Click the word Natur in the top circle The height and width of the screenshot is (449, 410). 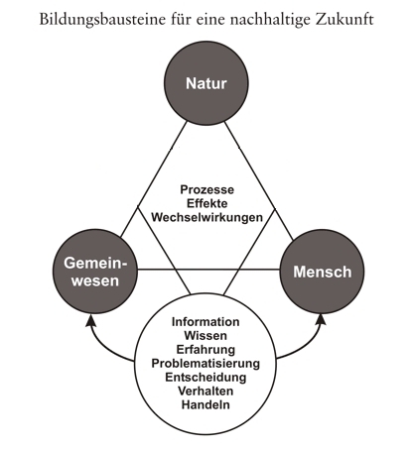click(206, 83)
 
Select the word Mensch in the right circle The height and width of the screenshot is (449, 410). click(323, 272)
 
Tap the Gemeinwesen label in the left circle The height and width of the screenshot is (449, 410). click(95, 272)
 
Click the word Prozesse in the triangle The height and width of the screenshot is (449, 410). click(206, 189)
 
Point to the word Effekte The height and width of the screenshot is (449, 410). click(206, 203)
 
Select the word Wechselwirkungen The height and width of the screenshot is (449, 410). click(206, 217)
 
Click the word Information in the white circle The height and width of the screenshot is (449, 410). click(205, 322)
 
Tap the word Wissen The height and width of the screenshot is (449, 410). click(205, 336)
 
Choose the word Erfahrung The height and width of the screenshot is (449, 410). click(205, 350)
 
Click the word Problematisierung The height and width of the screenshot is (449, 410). click(205, 364)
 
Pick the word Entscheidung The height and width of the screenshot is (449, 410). click(205, 378)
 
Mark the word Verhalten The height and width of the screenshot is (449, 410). click(205, 392)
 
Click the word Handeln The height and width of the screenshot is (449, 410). click(205, 405)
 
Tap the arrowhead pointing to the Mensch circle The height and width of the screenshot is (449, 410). click(321, 319)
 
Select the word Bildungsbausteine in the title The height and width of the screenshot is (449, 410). click(102, 20)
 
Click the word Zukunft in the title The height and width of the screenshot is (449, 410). click(344, 20)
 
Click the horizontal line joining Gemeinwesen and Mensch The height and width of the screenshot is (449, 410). click(208, 270)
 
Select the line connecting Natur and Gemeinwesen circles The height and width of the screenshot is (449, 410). click(154, 179)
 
